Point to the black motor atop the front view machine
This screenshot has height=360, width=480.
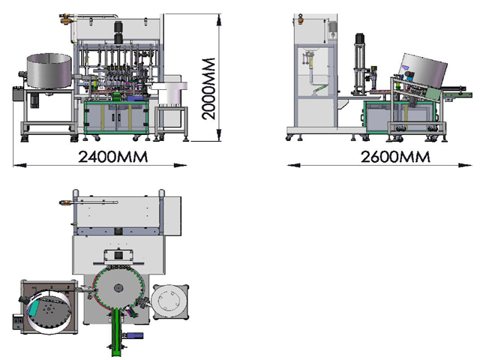118,31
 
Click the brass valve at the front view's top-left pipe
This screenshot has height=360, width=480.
66,14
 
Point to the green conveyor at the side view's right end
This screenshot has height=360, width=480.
451,93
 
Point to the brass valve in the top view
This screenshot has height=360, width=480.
64,200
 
